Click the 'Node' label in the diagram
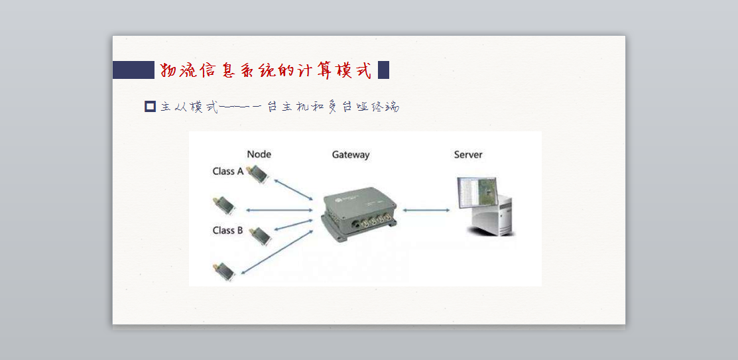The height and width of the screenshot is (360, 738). pos(259,154)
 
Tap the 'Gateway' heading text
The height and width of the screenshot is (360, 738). pos(350,155)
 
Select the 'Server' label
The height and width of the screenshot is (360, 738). pos(467,154)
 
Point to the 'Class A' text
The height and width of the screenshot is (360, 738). pos(227,171)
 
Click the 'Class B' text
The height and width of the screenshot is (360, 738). pos(227,230)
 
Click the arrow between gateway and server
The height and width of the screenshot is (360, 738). pos(426,211)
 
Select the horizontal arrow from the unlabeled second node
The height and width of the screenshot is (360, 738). pos(278,210)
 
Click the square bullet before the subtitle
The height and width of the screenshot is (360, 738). pos(150,106)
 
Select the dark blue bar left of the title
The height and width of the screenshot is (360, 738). pos(133,70)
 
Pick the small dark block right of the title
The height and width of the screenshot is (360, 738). pos(383,70)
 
